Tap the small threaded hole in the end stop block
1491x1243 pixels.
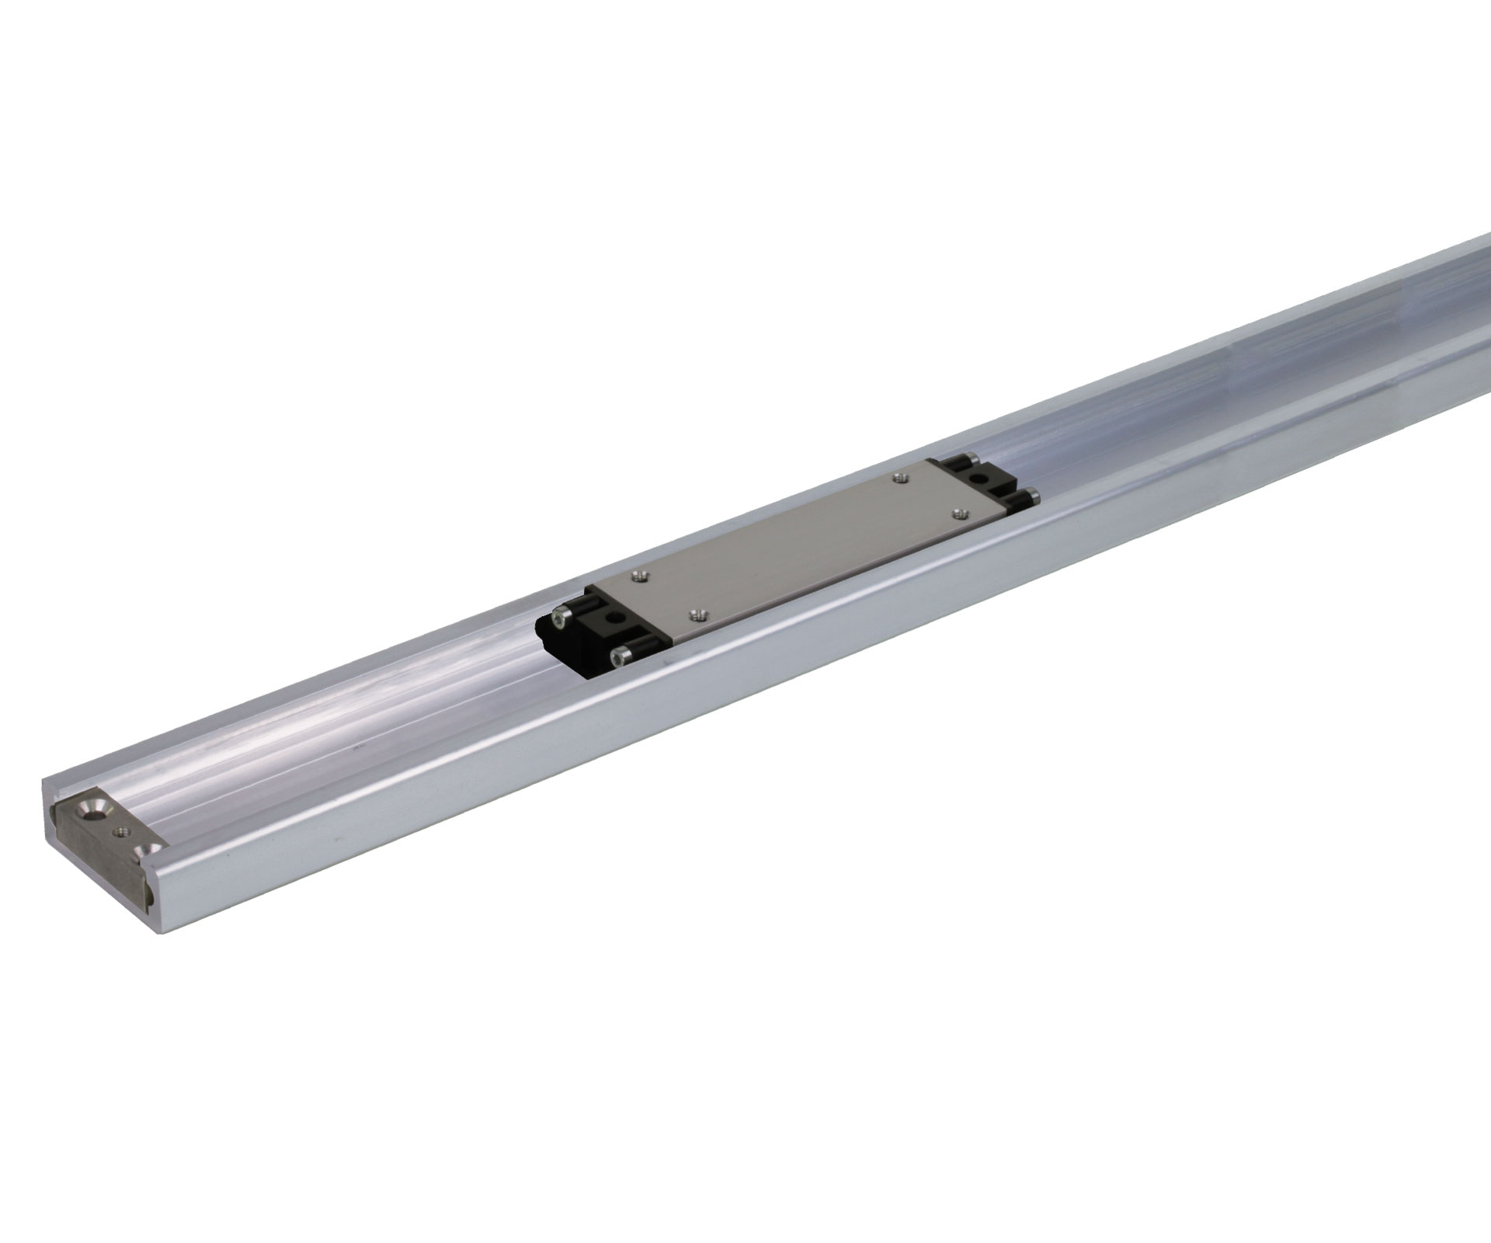120,832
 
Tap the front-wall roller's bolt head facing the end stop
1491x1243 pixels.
619,659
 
